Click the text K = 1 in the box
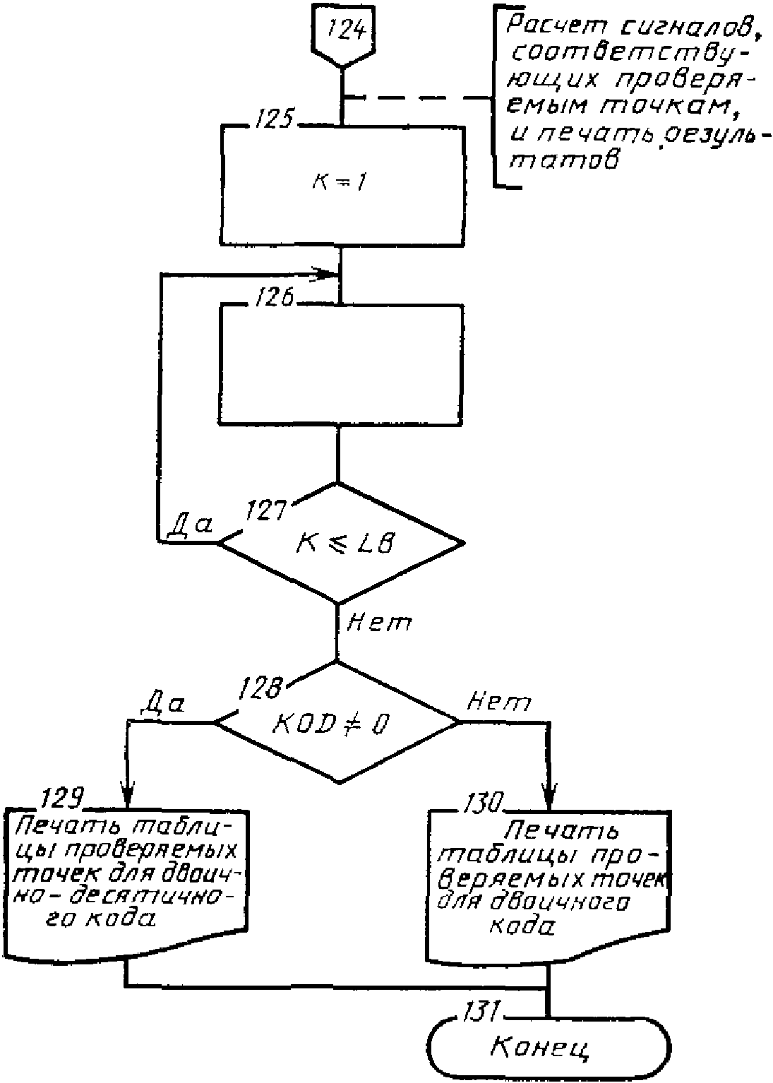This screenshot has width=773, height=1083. [x=340, y=183]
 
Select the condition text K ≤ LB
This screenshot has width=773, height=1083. [x=344, y=544]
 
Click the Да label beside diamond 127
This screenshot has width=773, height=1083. [x=189, y=525]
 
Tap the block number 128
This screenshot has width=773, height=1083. [x=260, y=688]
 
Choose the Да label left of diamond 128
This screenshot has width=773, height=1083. [x=162, y=705]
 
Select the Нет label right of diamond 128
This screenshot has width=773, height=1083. [x=499, y=702]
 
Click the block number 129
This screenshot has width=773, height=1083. [x=62, y=798]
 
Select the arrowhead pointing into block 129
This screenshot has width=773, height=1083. [x=127, y=794]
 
